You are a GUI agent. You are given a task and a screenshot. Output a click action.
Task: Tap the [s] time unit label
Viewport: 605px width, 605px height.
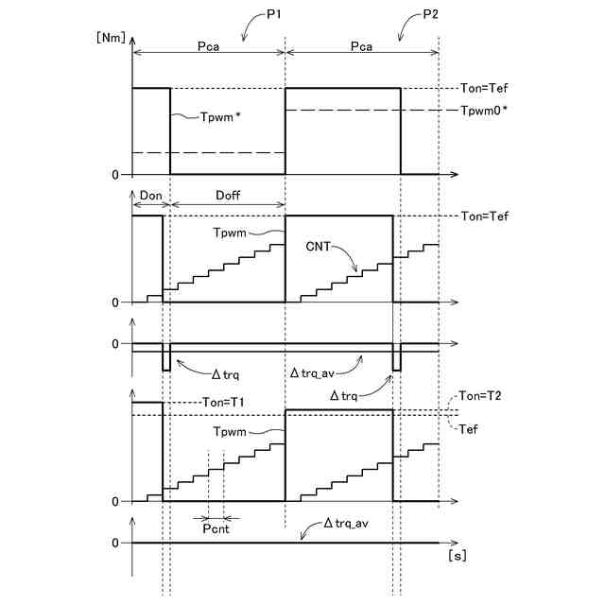(x=456, y=556)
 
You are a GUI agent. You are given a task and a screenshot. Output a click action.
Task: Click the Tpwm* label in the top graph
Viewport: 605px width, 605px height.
(x=220, y=117)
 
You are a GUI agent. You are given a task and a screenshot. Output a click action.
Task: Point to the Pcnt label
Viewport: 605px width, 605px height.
(x=217, y=530)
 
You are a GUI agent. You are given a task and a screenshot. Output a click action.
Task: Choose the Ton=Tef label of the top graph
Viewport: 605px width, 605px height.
(x=483, y=88)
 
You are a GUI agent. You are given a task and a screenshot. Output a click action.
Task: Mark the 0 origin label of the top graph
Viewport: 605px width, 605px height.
(x=116, y=174)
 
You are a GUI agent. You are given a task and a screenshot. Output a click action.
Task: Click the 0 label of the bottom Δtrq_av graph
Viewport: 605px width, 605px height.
(x=116, y=543)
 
